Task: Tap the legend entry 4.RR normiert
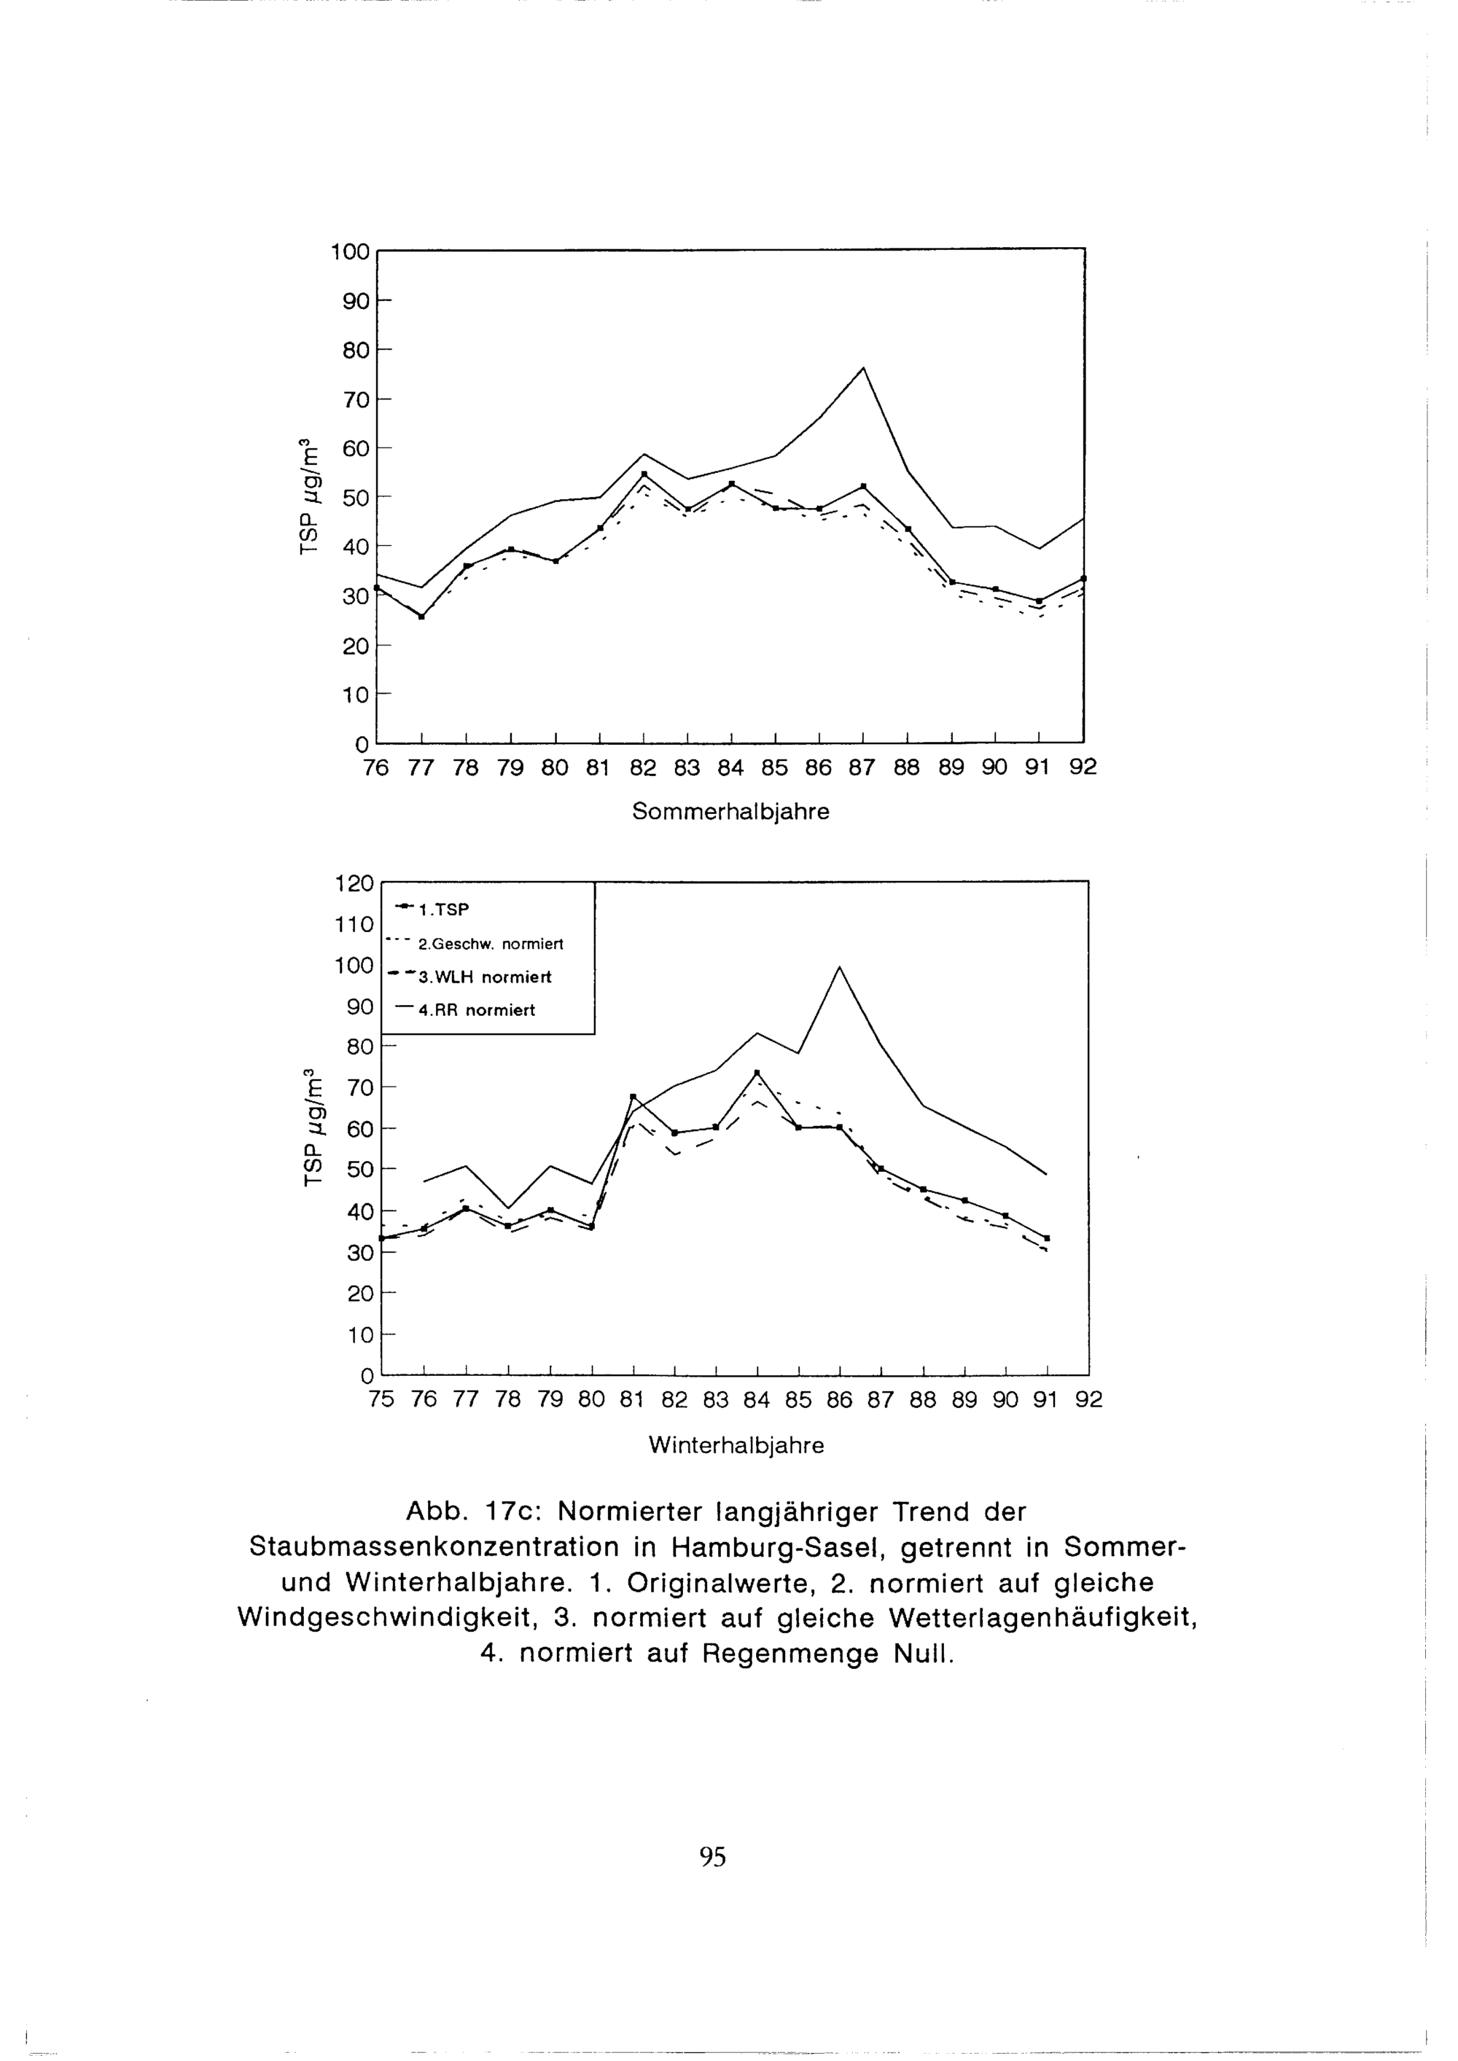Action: point(476,1010)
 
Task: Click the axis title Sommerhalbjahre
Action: point(730,811)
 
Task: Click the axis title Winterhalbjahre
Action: point(736,1445)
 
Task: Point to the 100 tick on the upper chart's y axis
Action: point(350,251)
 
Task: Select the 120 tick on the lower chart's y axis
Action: point(354,883)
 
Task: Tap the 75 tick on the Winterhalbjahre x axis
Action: point(381,1399)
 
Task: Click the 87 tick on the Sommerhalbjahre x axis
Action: point(862,768)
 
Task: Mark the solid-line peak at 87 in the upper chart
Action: point(862,367)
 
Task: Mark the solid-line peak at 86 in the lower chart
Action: point(839,967)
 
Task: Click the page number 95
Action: point(712,1856)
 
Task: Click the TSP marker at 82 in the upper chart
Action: point(644,474)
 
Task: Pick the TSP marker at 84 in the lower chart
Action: point(757,1073)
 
